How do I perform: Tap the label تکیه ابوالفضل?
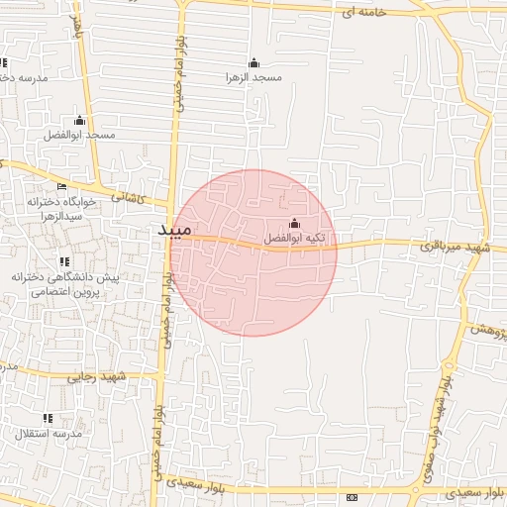(x=294, y=239)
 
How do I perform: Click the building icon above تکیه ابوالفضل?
(x=294, y=223)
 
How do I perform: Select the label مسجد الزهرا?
(x=253, y=75)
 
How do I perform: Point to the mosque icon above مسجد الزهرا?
(x=253, y=61)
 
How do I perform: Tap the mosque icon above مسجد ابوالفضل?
(x=80, y=120)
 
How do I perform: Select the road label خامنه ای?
(x=359, y=12)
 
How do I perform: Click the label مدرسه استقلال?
(x=48, y=434)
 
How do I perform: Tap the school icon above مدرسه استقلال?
(x=48, y=419)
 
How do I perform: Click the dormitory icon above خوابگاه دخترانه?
(x=62, y=185)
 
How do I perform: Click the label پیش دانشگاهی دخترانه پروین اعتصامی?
(x=65, y=285)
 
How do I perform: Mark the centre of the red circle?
(x=253, y=253)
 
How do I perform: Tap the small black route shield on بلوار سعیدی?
(x=352, y=494)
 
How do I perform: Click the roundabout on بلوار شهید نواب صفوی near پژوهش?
(x=466, y=328)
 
